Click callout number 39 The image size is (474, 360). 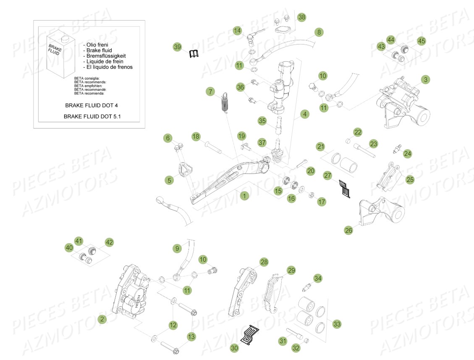click(178, 47)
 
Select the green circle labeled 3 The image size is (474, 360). click(426, 79)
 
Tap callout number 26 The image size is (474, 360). click(348, 230)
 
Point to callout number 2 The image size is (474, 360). click(102, 319)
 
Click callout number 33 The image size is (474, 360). click(337, 324)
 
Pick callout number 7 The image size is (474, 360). click(210, 91)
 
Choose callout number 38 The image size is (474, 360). click(301, 17)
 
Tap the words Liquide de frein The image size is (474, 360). click(107, 61)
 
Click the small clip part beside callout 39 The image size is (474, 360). click(195, 54)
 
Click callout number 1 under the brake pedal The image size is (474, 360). click(244, 195)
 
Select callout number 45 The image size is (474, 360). click(421, 41)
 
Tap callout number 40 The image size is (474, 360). click(69, 248)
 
